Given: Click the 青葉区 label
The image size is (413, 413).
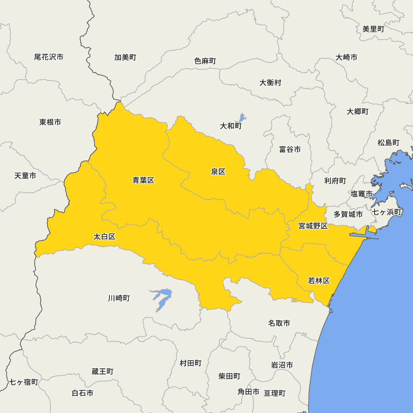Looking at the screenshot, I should pos(143,180).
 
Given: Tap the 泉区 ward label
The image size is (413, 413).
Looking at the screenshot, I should pos(218,172).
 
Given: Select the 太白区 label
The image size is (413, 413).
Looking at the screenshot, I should pos(104,237).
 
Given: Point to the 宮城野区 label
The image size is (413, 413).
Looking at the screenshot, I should pos(313,226).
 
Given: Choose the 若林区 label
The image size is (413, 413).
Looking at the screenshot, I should pos(319,281).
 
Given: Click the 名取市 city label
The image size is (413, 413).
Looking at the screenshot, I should pos(279,323).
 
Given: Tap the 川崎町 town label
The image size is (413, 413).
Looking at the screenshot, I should pos(119,298).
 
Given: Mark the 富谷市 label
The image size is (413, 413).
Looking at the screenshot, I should pos(290,150).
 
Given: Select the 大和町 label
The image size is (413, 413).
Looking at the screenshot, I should pos(230,126).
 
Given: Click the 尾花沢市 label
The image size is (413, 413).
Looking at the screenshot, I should pos(49,57).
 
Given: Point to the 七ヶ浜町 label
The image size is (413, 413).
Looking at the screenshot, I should pos(387,212).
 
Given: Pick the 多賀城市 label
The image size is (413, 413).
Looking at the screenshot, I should pos(348,214).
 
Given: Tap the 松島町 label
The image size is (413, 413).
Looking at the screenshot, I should pos(388,142).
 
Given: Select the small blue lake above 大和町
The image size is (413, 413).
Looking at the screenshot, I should pos(242,118).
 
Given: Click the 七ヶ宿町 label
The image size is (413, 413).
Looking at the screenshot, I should pos(24,382).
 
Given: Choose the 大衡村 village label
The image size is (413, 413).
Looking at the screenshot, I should pos(270,83).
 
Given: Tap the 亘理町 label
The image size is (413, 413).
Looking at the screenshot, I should pos(275,393).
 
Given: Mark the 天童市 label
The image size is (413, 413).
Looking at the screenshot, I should pos(25,176).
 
